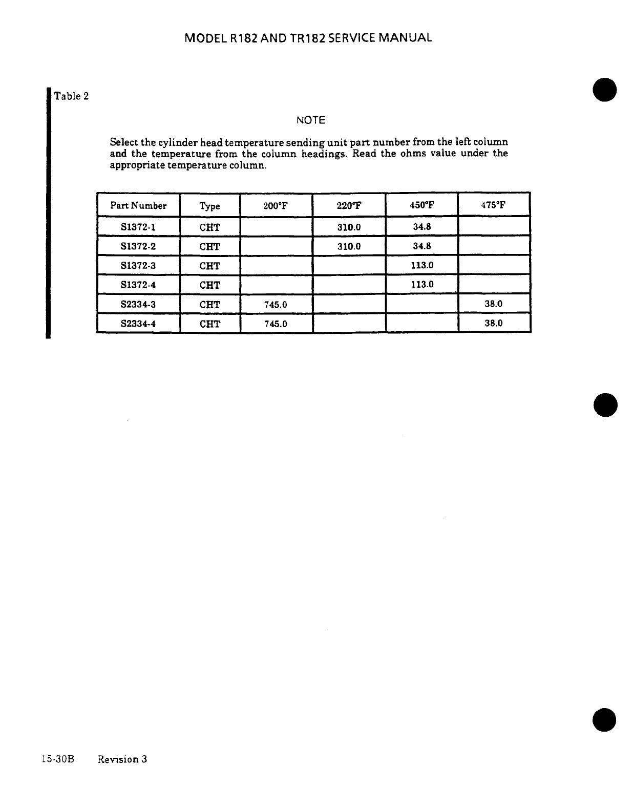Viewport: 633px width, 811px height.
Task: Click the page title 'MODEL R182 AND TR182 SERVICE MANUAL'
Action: click(x=308, y=38)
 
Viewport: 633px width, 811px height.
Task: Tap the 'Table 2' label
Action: click(x=72, y=96)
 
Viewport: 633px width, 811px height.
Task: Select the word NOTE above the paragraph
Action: click(x=311, y=120)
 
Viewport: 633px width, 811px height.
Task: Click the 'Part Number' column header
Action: click(x=138, y=206)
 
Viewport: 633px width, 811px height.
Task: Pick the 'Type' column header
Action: click(x=209, y=206)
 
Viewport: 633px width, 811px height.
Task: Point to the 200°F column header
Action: click(x=276, y=206)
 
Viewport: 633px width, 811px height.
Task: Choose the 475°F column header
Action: click(x=493, y=206)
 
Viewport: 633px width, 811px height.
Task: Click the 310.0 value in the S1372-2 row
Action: click(x=349, y=246)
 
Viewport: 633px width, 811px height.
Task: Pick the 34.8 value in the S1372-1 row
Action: click(x=421, y=227)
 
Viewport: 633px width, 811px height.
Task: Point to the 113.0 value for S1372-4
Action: click(x=421, y=285)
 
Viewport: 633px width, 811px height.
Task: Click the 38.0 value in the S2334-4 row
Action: click(x=493, y=323)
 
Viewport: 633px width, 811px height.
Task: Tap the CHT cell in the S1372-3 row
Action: click(x=209, y=266)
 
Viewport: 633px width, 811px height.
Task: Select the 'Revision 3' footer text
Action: click(x=122, y=759)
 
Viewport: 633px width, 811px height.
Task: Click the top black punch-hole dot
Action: click(x=605, y=90)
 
